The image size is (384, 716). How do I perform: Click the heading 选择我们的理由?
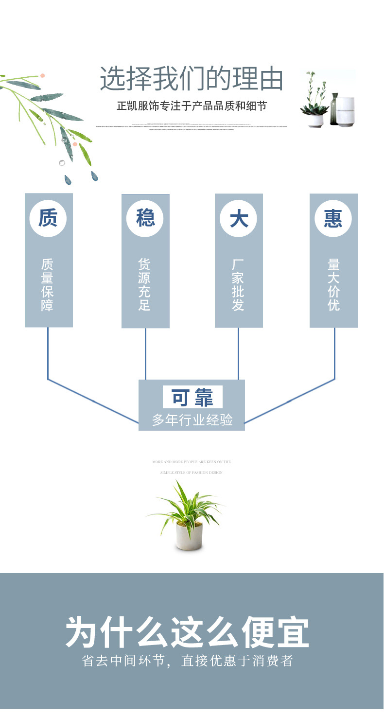192,79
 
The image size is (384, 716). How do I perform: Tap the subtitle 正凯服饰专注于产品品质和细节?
192,105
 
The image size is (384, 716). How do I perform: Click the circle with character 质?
48,218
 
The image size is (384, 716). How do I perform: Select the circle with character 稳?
145,218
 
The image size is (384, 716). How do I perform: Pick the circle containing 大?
239,218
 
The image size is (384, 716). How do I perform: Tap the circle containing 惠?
333,218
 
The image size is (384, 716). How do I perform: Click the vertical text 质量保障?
48,285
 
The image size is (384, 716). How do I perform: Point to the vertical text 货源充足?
145,285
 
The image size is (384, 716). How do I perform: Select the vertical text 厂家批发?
238,285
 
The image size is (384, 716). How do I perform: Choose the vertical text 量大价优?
333,285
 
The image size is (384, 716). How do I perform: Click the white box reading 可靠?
192,397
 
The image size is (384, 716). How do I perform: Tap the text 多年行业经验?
192,419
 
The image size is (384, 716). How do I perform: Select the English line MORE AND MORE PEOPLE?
192,462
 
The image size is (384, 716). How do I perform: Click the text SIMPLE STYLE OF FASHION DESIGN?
192,472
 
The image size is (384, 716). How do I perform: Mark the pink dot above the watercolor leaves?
43,76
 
